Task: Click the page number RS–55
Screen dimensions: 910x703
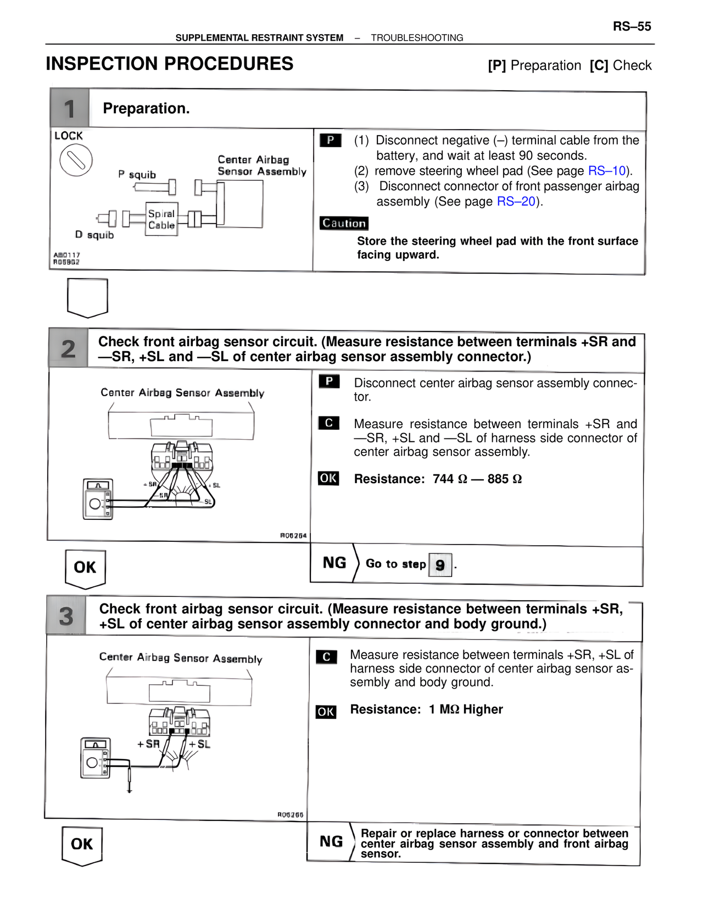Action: tap(632, 26)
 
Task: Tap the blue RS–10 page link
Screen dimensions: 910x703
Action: tap(606, 171)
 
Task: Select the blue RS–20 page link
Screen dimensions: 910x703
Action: tap(515, 202)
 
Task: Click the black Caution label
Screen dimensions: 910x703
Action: tap(344, 223)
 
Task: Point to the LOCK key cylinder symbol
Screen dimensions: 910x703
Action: tap(76, 160)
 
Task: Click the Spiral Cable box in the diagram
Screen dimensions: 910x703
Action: tap(161, 219)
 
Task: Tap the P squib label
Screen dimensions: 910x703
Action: tap(137, 175)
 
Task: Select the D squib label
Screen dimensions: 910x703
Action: tap(94, 235)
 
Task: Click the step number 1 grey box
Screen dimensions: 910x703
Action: tap(69, 109)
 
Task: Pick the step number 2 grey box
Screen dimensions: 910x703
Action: tap(68, 348)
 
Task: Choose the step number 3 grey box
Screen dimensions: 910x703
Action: tap(66, 616)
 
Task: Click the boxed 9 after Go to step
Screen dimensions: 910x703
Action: tap(440, 565)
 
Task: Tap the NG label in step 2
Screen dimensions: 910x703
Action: tap(334, 563)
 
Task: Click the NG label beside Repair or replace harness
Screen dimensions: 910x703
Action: tap(331, 841)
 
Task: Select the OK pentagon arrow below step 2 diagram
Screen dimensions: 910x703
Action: tap(85, 568)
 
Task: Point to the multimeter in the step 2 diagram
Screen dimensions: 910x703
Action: tap(98, 499)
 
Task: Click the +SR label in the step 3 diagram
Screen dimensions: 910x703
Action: tap(148, 744)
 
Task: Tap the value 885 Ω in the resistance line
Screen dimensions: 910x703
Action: tap(504, 479)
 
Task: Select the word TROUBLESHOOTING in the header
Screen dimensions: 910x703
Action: tap(417, 38)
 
